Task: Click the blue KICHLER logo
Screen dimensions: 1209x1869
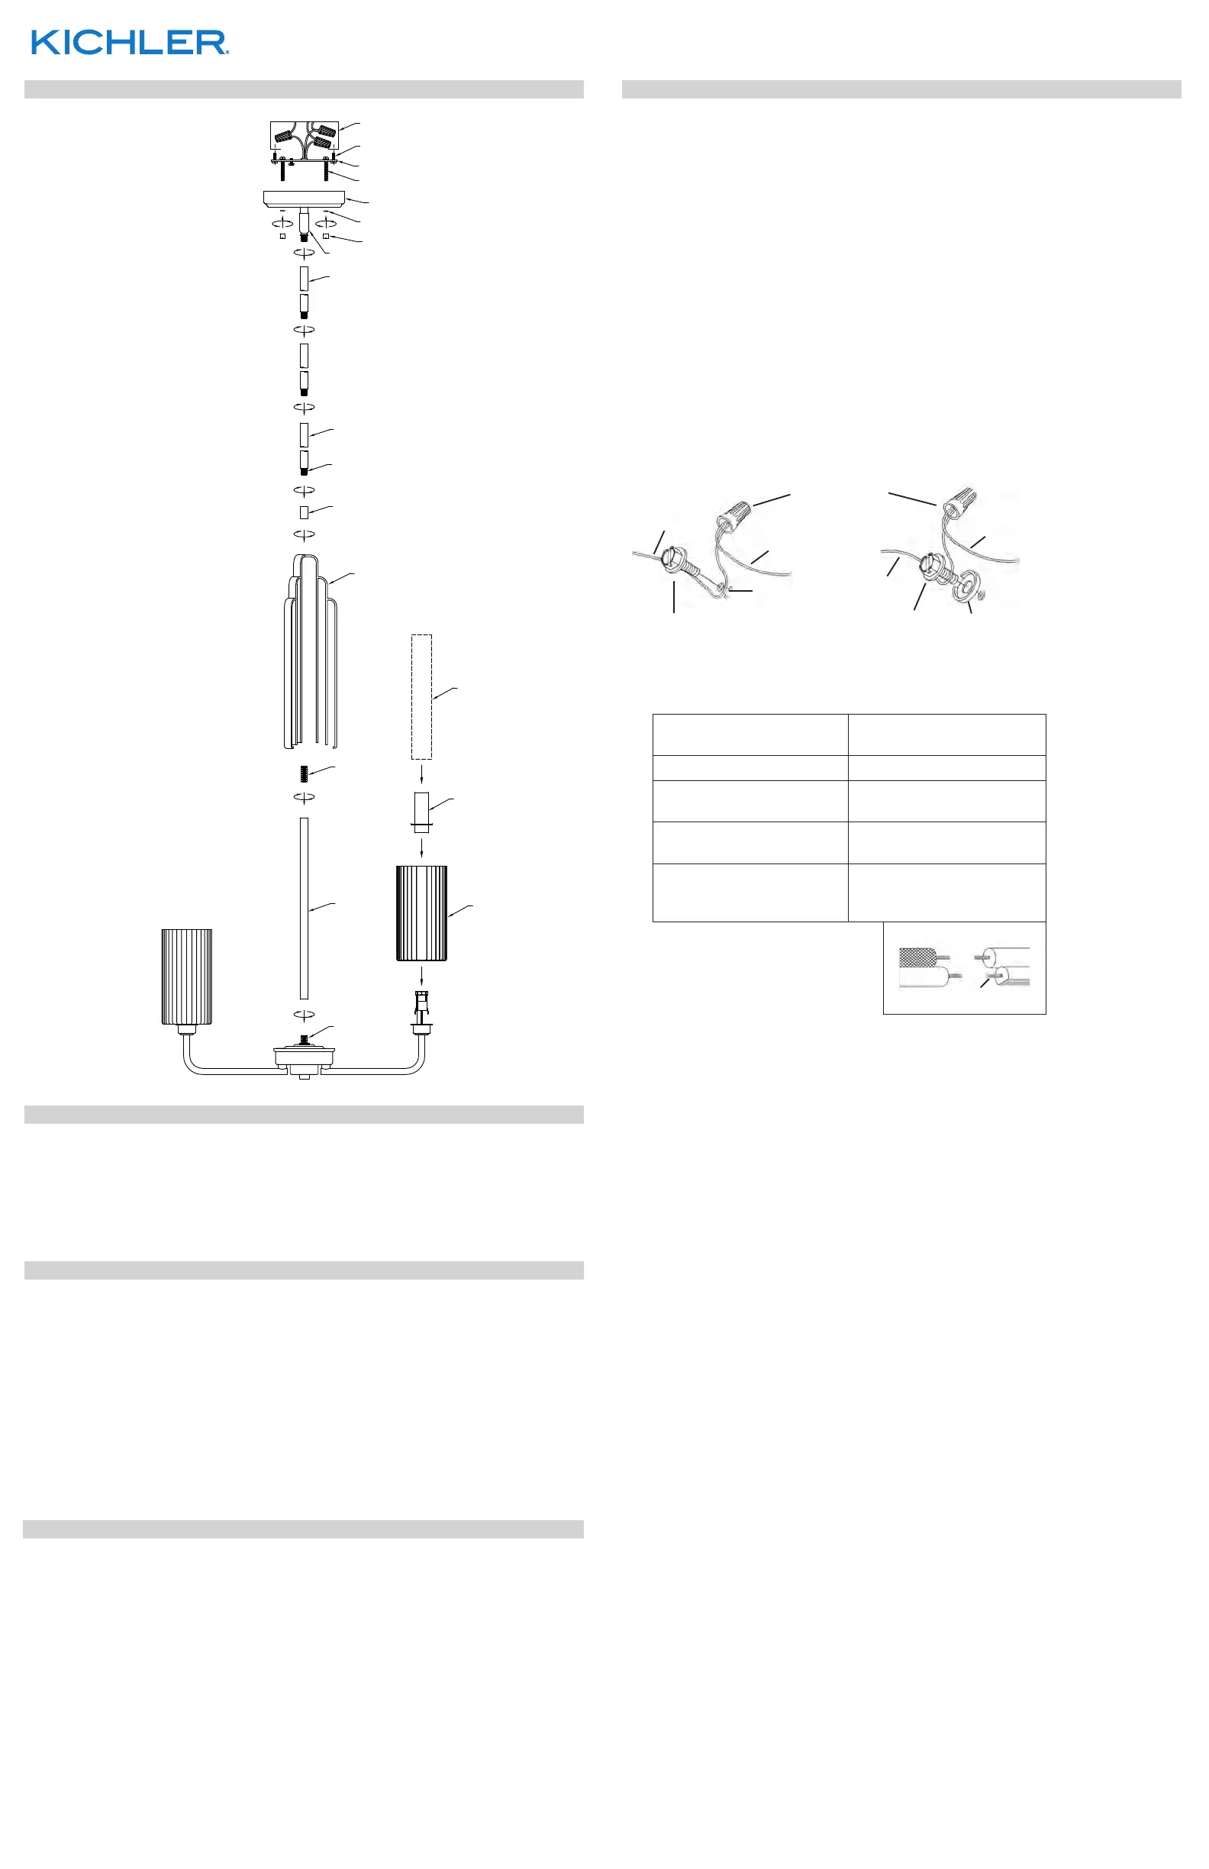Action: pos(130,43)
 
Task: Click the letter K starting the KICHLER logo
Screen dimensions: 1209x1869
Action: pos(44,43)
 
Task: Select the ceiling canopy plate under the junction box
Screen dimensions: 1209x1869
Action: pos(304,199)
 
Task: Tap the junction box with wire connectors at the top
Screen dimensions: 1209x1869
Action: pos(304,137)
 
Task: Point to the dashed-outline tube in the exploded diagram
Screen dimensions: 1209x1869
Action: pos(421,696)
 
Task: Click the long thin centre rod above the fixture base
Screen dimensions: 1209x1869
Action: pos(304,908)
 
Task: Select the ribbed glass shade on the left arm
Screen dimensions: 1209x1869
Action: pos(187,976)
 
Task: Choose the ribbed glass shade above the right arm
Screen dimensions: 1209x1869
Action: pos(421,912)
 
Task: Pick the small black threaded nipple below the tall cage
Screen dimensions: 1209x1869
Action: pos(304,773)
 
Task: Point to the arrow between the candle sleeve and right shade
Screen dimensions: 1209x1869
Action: pos(422,848)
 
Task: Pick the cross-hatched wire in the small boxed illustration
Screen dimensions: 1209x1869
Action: pos(917,957)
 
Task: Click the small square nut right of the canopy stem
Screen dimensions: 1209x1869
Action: pos(325,236)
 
